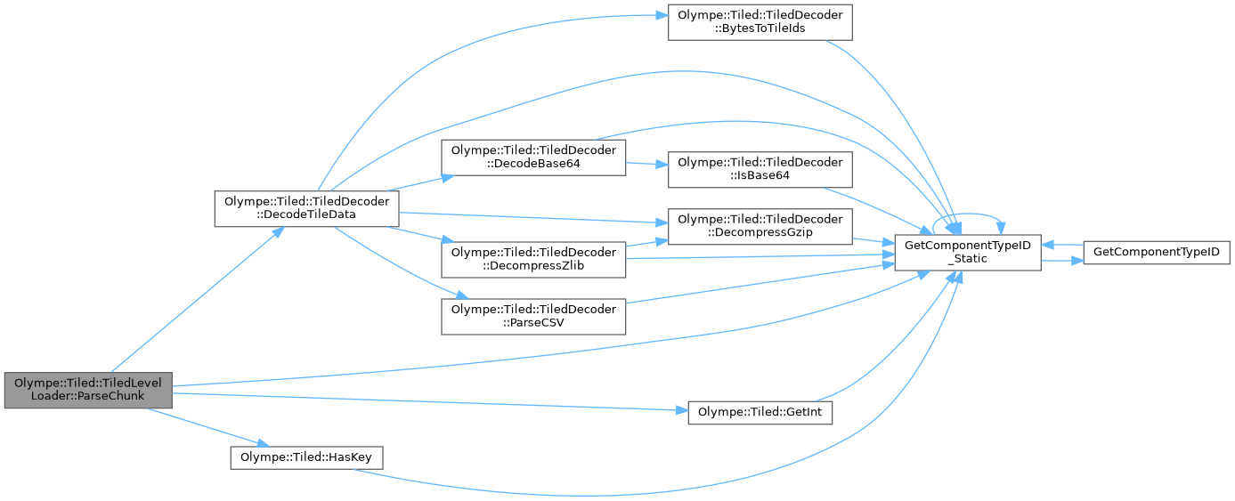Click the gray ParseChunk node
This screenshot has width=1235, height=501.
pos(87,390)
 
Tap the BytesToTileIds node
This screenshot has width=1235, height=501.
pos(760,21)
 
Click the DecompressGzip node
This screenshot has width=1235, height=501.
pos(760,227)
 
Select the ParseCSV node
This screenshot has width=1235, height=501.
pos(534,316)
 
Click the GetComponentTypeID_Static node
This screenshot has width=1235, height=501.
pos(967,253)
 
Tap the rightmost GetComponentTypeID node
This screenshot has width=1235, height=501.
pos(1154,252)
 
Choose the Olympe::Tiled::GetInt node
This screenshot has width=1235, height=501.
pos(760,413)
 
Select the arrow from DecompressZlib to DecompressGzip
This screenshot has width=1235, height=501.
pos(646,243)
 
